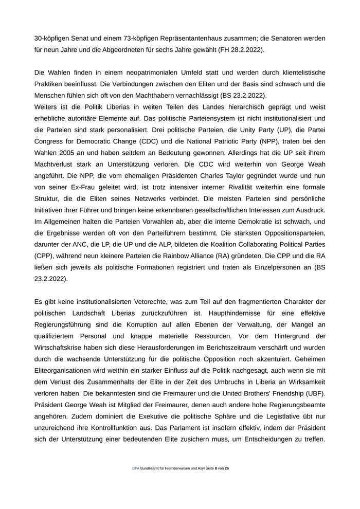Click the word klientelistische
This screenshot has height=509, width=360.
point(300,73)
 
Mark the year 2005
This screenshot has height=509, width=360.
point(67,153)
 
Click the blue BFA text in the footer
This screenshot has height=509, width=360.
point(135,468)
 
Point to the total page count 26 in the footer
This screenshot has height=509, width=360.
point(227,468)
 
